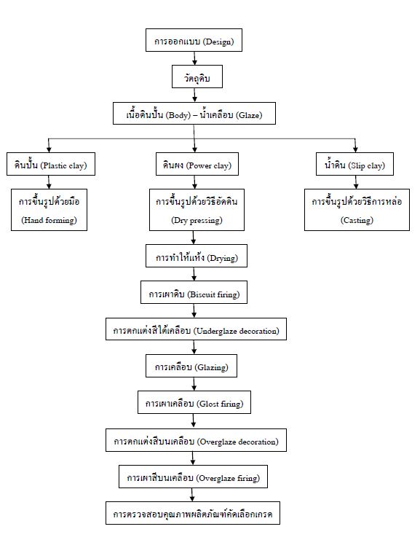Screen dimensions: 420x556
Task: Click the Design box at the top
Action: click(x=194, y=40)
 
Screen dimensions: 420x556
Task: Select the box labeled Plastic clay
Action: click(x=51, y=164)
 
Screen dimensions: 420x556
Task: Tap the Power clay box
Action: click(x=197, y=164)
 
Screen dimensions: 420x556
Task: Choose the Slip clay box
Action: click(x=354, y=164)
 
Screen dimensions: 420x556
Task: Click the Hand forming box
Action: click(x=49, y=210)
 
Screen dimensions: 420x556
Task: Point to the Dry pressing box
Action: click(x=197, y=210)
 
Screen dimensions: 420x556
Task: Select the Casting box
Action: click(x=357, y=210)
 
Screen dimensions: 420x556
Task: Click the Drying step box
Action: click(x=197, y=256)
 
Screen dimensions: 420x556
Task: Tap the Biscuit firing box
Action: click(x=194, y=292)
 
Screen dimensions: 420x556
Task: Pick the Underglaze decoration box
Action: click(x=196, y=329)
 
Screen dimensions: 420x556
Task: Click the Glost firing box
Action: click(x=194, y=402)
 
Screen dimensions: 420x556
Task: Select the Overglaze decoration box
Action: click(x=196, y=440)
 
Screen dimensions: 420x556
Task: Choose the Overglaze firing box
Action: click(x=193, y=477)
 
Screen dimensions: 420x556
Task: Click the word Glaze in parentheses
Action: click(x=250, y=115)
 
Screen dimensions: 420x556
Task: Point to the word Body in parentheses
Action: click(x=178, y=115)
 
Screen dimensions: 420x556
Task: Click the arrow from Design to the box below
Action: click(x=194, y=58)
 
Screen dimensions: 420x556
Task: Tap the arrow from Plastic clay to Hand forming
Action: click(x=49, y=182)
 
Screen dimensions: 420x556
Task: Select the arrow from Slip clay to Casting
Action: click(x=356, y=182)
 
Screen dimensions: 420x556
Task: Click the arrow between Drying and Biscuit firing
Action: click(x=194, y=274)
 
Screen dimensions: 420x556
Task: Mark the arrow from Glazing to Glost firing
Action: click(x=194, y=384)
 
